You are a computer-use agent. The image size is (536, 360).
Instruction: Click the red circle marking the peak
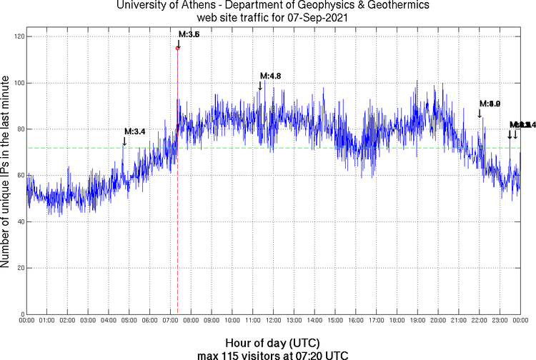coord(178,48)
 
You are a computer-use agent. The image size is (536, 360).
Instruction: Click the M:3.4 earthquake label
coord(135,131)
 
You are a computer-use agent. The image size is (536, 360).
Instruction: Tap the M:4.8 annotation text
coord(270,76)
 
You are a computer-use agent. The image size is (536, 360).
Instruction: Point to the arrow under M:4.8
coord(260,86)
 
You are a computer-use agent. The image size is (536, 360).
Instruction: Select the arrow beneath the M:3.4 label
coord(124,141)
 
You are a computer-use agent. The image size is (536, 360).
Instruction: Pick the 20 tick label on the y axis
coord(19,268)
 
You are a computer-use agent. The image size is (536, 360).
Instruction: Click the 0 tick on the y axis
coord(21,314)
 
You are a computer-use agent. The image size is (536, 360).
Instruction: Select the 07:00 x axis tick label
coord(171,321)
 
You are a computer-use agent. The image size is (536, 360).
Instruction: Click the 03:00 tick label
coord(88,321)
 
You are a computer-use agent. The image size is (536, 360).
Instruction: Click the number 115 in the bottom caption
coord(225,354)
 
